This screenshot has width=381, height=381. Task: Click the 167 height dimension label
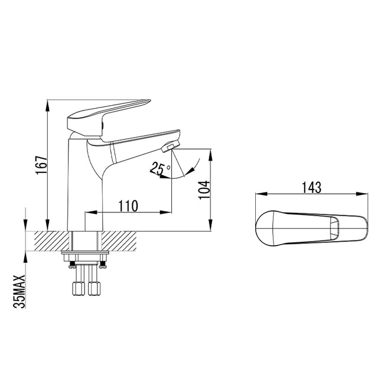pos(41,165)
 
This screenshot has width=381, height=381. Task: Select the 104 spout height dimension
pos(204,190)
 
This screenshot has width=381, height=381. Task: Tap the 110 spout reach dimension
pos(128,206)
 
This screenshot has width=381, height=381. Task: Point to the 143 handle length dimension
pos(311,188)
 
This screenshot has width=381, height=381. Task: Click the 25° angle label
pos(160,168)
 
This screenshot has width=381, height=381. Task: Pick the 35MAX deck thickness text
pos(19,292)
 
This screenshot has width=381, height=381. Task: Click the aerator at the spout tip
pos(170,146)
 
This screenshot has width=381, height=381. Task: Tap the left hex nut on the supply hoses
pos(79,288)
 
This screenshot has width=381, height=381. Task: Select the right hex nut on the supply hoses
pos(94,288)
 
